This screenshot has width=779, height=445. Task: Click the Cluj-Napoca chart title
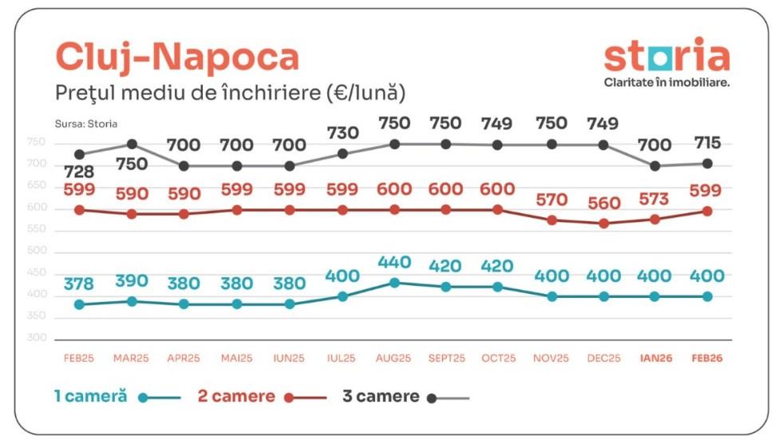(x=176, y=57)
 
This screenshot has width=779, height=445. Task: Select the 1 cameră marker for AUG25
(x=393, y=283)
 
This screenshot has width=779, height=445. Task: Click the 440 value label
(x=393, y=263)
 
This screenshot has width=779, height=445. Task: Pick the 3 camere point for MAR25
(x=132, y=145)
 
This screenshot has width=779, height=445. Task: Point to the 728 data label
(x=79, y=173)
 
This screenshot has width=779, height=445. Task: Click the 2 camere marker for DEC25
(x=603, y=224)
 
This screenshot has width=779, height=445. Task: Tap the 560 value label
(x=603, y=203)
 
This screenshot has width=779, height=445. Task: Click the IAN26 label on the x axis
(x=655, y=359)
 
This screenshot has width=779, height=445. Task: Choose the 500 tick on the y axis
(x=37, y=252)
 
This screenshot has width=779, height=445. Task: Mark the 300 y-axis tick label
(x=37, y=338)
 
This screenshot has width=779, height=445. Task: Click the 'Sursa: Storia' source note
(x=80, y=125)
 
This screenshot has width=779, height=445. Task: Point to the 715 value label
(x=707, y=144)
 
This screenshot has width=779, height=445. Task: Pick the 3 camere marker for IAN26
(x=655, y=166)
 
